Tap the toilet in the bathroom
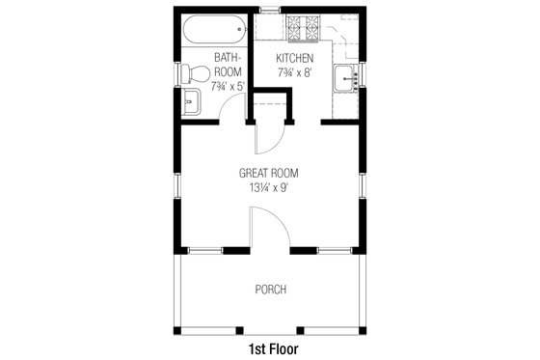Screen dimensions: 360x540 (x=196, y=72)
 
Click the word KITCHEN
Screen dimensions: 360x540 (x=289, y=59)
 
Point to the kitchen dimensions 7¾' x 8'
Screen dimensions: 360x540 (x=289, y=73)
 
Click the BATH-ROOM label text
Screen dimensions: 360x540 (x=228, y=65)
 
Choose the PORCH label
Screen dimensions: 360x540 (x=270, y=289)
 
